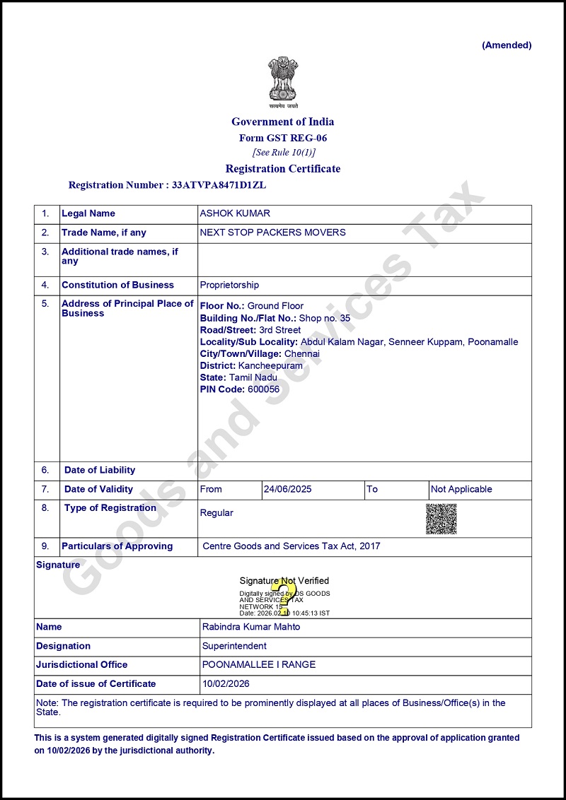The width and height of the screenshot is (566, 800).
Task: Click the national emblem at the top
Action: (282, 81)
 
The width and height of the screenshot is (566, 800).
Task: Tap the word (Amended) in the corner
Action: (507, 45)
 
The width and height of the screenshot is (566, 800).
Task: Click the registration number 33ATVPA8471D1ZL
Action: (219, 185)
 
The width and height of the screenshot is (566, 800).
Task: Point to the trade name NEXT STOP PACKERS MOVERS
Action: (272, 233)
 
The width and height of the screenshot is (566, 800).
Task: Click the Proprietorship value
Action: (229, 285)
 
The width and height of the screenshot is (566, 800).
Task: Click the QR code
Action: (441, 519)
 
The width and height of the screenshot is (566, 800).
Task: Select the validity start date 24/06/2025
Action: (287, 489)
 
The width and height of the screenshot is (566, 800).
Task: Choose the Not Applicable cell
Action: (461, 489)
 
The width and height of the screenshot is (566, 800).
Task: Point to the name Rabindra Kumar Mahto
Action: (251, 627)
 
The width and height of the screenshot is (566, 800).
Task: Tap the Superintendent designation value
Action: (234, 646)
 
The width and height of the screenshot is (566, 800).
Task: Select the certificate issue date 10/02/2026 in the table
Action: (226, 683)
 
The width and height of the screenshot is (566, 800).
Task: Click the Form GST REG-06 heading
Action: (283, 138)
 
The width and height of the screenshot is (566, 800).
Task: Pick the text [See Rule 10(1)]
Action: (284, 152)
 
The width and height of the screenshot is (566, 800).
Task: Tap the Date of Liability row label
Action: (99, 470)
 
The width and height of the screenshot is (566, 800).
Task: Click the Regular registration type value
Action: (216, 512)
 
